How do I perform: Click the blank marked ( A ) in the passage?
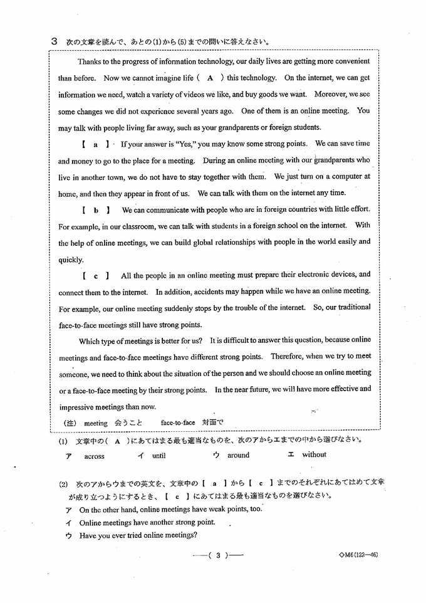[210, 78]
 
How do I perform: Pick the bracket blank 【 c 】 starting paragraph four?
[95, 275]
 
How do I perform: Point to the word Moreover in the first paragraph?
[328, 94]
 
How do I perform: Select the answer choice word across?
[94, 456]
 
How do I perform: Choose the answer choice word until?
[158, 456]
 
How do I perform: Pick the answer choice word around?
[238, 456]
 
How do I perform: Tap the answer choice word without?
[314, 455]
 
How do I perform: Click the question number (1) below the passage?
[63, 441]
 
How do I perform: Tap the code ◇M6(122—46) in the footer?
[357, 555]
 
